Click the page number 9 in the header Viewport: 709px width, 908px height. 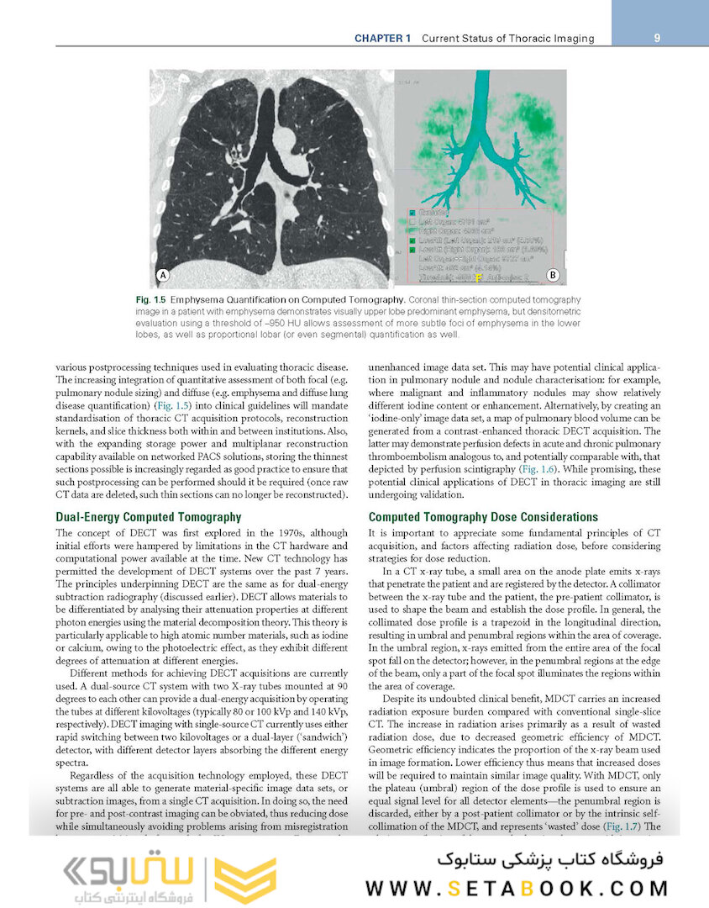(x=655, y=38)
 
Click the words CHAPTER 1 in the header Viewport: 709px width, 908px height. (x=382, y=39)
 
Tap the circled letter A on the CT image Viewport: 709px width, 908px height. (x=163, y=275)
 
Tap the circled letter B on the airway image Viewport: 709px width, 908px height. (x=553, y=275)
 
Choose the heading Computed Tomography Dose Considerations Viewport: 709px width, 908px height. (x=483, y=517)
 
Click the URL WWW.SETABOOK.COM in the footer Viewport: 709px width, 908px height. (x=517, y=888)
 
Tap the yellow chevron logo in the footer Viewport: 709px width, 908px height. (x=244, y=879)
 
